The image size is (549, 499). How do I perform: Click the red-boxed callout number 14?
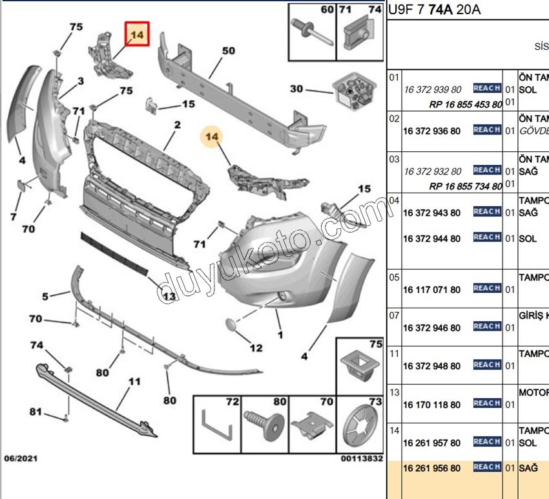point(138,34)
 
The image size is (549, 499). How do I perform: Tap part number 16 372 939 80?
point(432,90)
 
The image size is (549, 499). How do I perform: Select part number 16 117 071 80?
point(432,290)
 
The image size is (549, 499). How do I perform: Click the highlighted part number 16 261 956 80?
point(432,468)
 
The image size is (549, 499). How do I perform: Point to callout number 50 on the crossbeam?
point(228,50)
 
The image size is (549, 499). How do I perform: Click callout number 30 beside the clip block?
point(296,89)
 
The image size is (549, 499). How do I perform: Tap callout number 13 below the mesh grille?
point(169,297)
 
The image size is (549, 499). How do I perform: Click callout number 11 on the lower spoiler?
point(134,382)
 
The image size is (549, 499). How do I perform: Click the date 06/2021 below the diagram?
point(21,458)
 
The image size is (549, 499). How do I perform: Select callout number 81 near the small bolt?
point(36,412)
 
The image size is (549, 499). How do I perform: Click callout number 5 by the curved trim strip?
point(45,297)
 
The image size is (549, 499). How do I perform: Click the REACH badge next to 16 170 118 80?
point(486,403)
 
